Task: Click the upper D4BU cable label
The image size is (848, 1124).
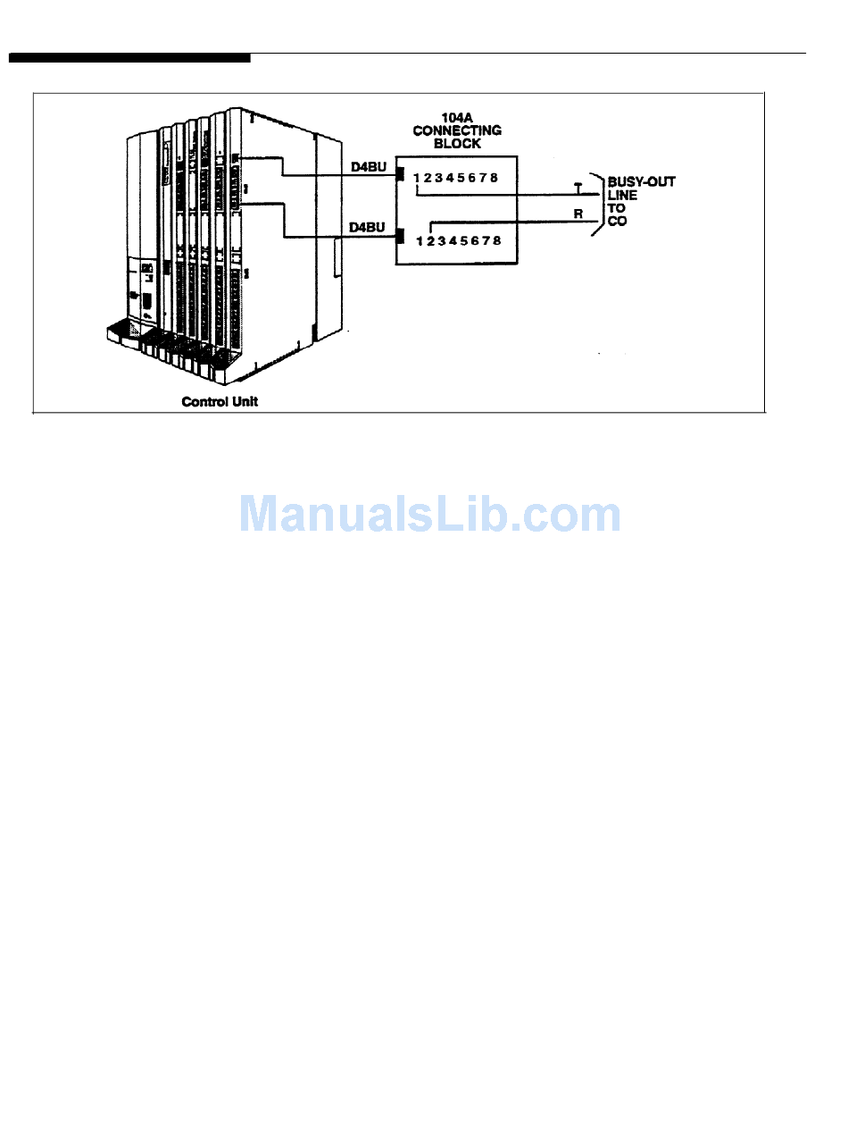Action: [369, 166]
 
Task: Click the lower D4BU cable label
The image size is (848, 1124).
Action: [368, 227]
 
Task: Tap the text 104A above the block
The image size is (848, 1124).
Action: [457, 117]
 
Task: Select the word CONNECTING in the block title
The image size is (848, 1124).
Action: [457, 130]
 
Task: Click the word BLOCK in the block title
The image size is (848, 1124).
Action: [457, 143]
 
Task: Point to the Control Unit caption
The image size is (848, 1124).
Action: [220, 401]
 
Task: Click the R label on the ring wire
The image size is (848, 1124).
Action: [578, 214]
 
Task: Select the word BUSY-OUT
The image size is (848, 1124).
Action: [641, 181]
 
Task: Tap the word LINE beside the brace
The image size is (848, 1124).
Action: [622, 195]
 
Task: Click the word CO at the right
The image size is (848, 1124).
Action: [617, 221]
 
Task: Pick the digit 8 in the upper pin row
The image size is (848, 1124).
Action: [494, 177]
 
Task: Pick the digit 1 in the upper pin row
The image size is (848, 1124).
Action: [416, 177]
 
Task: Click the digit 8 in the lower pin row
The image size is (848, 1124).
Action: [496, 240]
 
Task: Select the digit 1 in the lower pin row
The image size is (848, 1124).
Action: [420, 240]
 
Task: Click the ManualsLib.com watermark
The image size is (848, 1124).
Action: [430, 514]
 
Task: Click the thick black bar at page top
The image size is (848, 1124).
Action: [129, 58]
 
